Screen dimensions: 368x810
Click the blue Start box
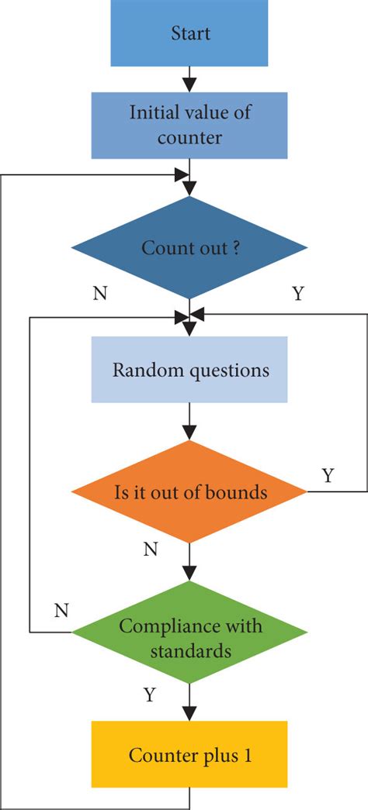189,33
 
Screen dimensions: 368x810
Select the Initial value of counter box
189,125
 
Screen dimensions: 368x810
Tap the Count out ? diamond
189,248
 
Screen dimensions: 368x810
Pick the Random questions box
189,370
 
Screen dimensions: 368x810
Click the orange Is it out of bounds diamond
189,491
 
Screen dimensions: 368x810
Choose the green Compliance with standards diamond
189,632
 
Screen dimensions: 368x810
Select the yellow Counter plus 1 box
189,754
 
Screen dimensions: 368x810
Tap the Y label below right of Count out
297,294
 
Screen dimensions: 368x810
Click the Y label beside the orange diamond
327,475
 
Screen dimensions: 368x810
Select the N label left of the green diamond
61,610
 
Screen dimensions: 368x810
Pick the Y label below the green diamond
150,695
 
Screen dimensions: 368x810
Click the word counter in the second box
189,138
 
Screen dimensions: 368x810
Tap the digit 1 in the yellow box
247,755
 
